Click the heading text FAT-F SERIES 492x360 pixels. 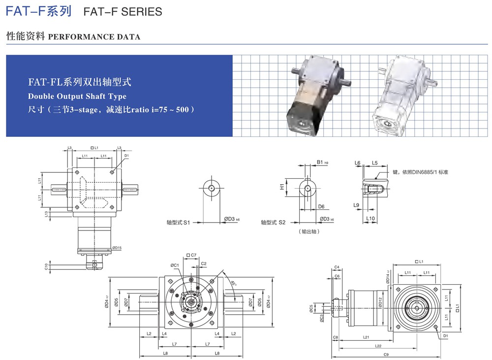tap(123, 11)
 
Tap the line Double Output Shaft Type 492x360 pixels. tap(77, 97)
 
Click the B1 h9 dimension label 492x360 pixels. tap(322, 162)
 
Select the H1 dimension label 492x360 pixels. tap(282, 187)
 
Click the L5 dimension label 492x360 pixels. tap(374, 163)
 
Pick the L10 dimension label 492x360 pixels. tap(370, 218)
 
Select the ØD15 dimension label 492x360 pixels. tap(117, 248)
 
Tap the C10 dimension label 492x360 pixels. tap(46, 266)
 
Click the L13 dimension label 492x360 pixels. tap(46, 213)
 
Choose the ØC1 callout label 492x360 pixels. tap(175, 265)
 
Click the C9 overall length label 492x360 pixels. tap(386, 354)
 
